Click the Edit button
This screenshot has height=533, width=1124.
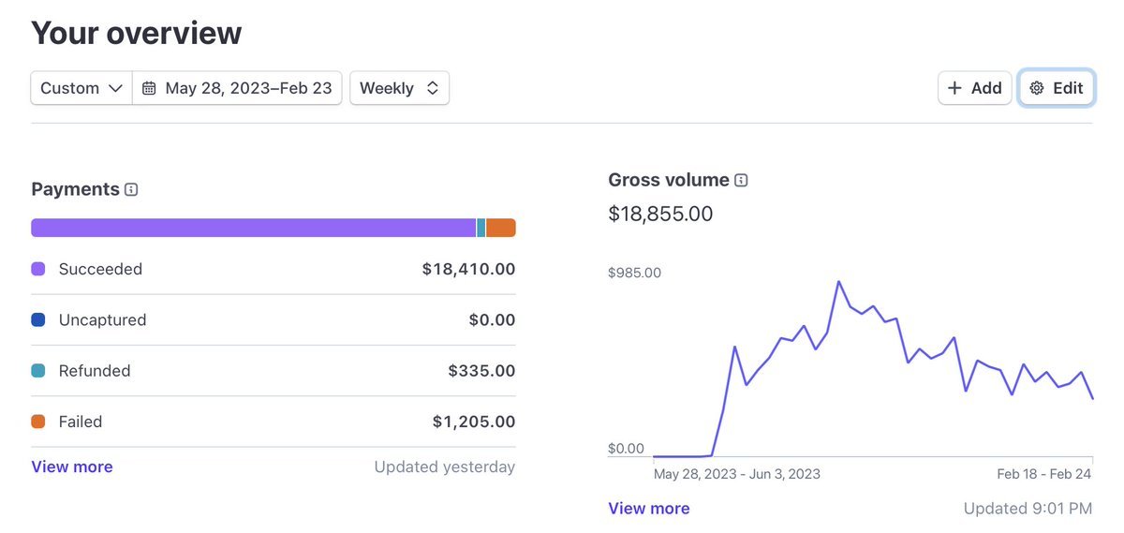1057,88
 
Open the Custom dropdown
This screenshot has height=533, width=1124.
81,88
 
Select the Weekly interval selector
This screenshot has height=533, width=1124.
399,88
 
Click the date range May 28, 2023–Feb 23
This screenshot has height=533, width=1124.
238,88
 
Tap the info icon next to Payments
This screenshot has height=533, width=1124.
131,189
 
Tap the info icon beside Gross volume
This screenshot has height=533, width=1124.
741,180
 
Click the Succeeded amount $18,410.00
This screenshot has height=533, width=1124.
468,269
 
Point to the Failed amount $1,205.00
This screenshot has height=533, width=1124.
473,422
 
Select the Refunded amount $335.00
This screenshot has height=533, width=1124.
481,371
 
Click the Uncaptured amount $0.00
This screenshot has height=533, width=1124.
492,319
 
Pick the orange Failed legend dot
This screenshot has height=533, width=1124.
38,422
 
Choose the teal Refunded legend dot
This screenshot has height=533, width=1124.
38,371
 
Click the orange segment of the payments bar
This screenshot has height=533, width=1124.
500,228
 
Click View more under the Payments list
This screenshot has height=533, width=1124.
72,466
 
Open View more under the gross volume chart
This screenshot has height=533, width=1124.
649,509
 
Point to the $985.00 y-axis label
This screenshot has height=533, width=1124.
634,273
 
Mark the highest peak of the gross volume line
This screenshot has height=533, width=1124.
838,281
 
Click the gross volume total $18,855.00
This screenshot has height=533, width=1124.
660,214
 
